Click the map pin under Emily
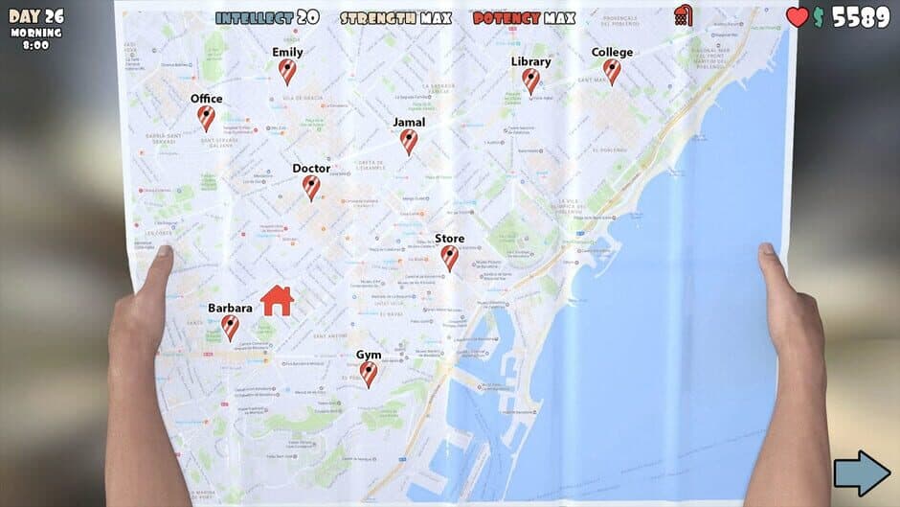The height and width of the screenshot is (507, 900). (x=287, y=71)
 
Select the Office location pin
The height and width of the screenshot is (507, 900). (x=206, y=117)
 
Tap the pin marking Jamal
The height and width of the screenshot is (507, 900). (x=409, y=141)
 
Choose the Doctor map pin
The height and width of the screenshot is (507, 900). (x=311, y=187)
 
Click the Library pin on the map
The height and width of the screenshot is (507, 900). (x=531, y=81)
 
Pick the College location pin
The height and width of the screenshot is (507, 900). (x=612, y=71)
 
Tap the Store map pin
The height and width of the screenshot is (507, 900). (x=449, y=257)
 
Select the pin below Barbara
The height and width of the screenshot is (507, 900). (x=230, y=327)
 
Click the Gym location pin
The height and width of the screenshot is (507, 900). (x=369, y=374)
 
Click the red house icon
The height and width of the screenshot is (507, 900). (x=277, y=300)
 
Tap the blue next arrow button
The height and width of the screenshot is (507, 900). (x=862, y=473)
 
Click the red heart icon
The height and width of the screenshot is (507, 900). (x=798, y=16)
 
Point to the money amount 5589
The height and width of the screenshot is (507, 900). (x=861, y=16)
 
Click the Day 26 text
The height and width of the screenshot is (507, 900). (x=35, y=15)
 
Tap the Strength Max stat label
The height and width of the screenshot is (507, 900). (x=383, y=17)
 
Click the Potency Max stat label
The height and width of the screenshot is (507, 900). (x=524, y=17)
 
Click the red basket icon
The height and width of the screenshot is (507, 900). (x=683, y=15)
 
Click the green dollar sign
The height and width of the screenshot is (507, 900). (x=819, y=16)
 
